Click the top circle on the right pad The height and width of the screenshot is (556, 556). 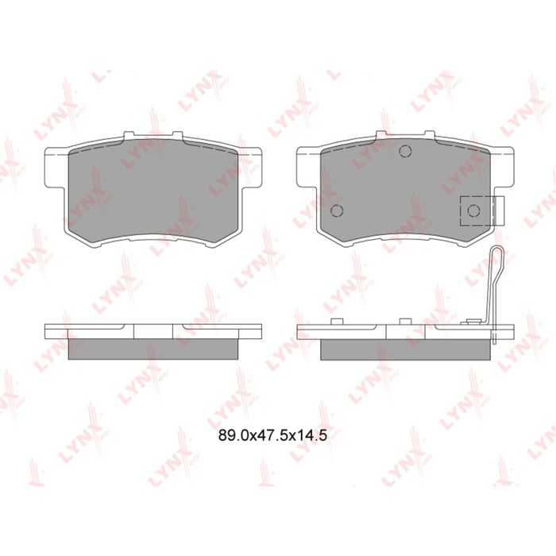[405, 152]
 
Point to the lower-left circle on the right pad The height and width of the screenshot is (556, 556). [337, 210]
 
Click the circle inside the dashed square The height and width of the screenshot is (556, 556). [473, 211]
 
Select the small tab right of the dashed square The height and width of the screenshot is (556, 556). [499, 210]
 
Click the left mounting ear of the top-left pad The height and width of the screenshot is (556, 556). [55, 167]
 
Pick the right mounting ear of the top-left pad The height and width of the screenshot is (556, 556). [251, 167]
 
